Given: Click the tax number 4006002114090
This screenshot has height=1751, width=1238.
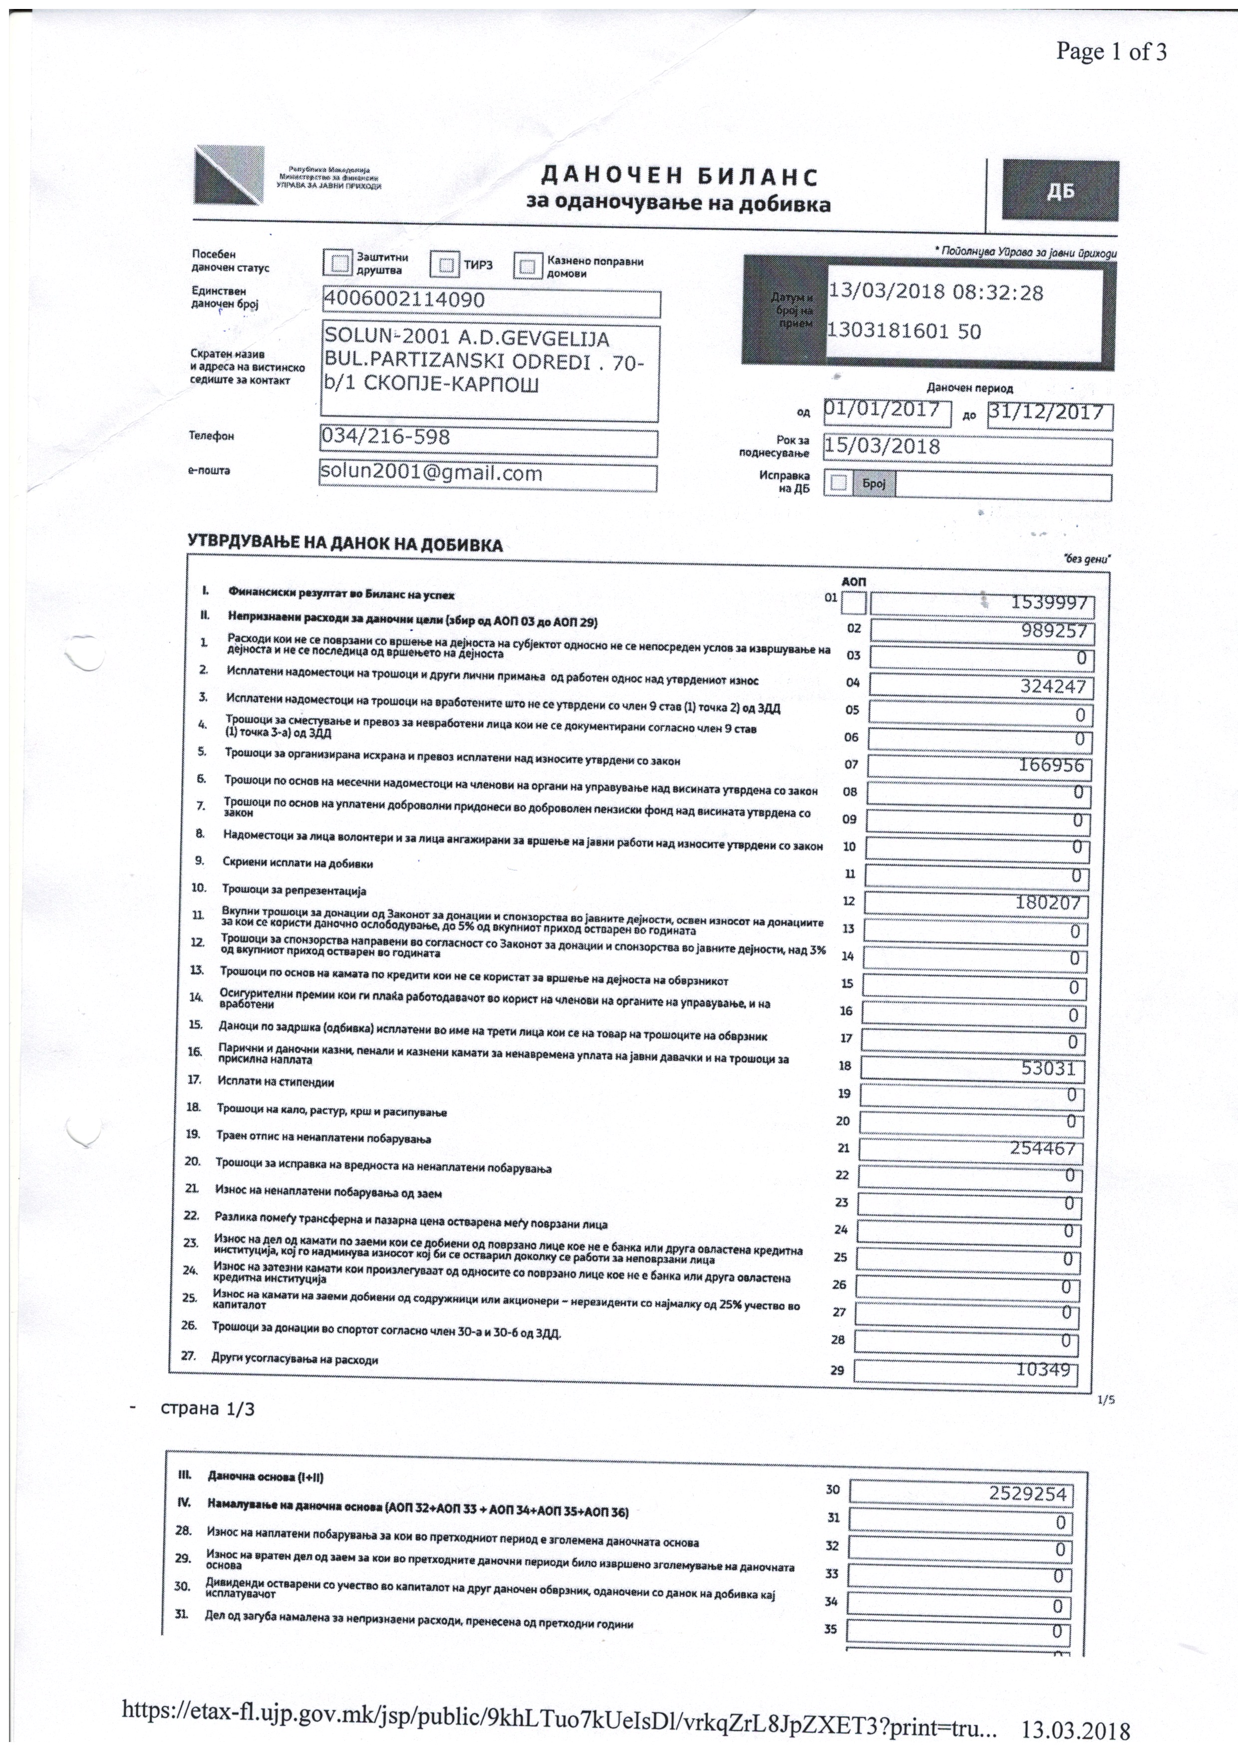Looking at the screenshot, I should click(x=404, y=299).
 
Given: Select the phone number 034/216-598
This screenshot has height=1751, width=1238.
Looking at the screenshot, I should click(x=385, y=437).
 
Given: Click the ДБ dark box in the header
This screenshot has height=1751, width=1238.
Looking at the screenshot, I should click(x=1060, y=191).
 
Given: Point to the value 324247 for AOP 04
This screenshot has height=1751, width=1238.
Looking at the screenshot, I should click(x=1053, y=686).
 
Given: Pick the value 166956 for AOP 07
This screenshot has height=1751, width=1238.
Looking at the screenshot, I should click(x=1051, y=765).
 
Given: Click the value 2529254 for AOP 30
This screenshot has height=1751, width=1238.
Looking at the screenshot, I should click(x=1027, y=1494).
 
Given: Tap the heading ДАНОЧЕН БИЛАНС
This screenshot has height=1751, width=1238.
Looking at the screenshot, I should click(x=679, y=177).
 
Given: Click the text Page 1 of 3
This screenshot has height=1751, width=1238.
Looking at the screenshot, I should click(x=1111, y=52).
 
